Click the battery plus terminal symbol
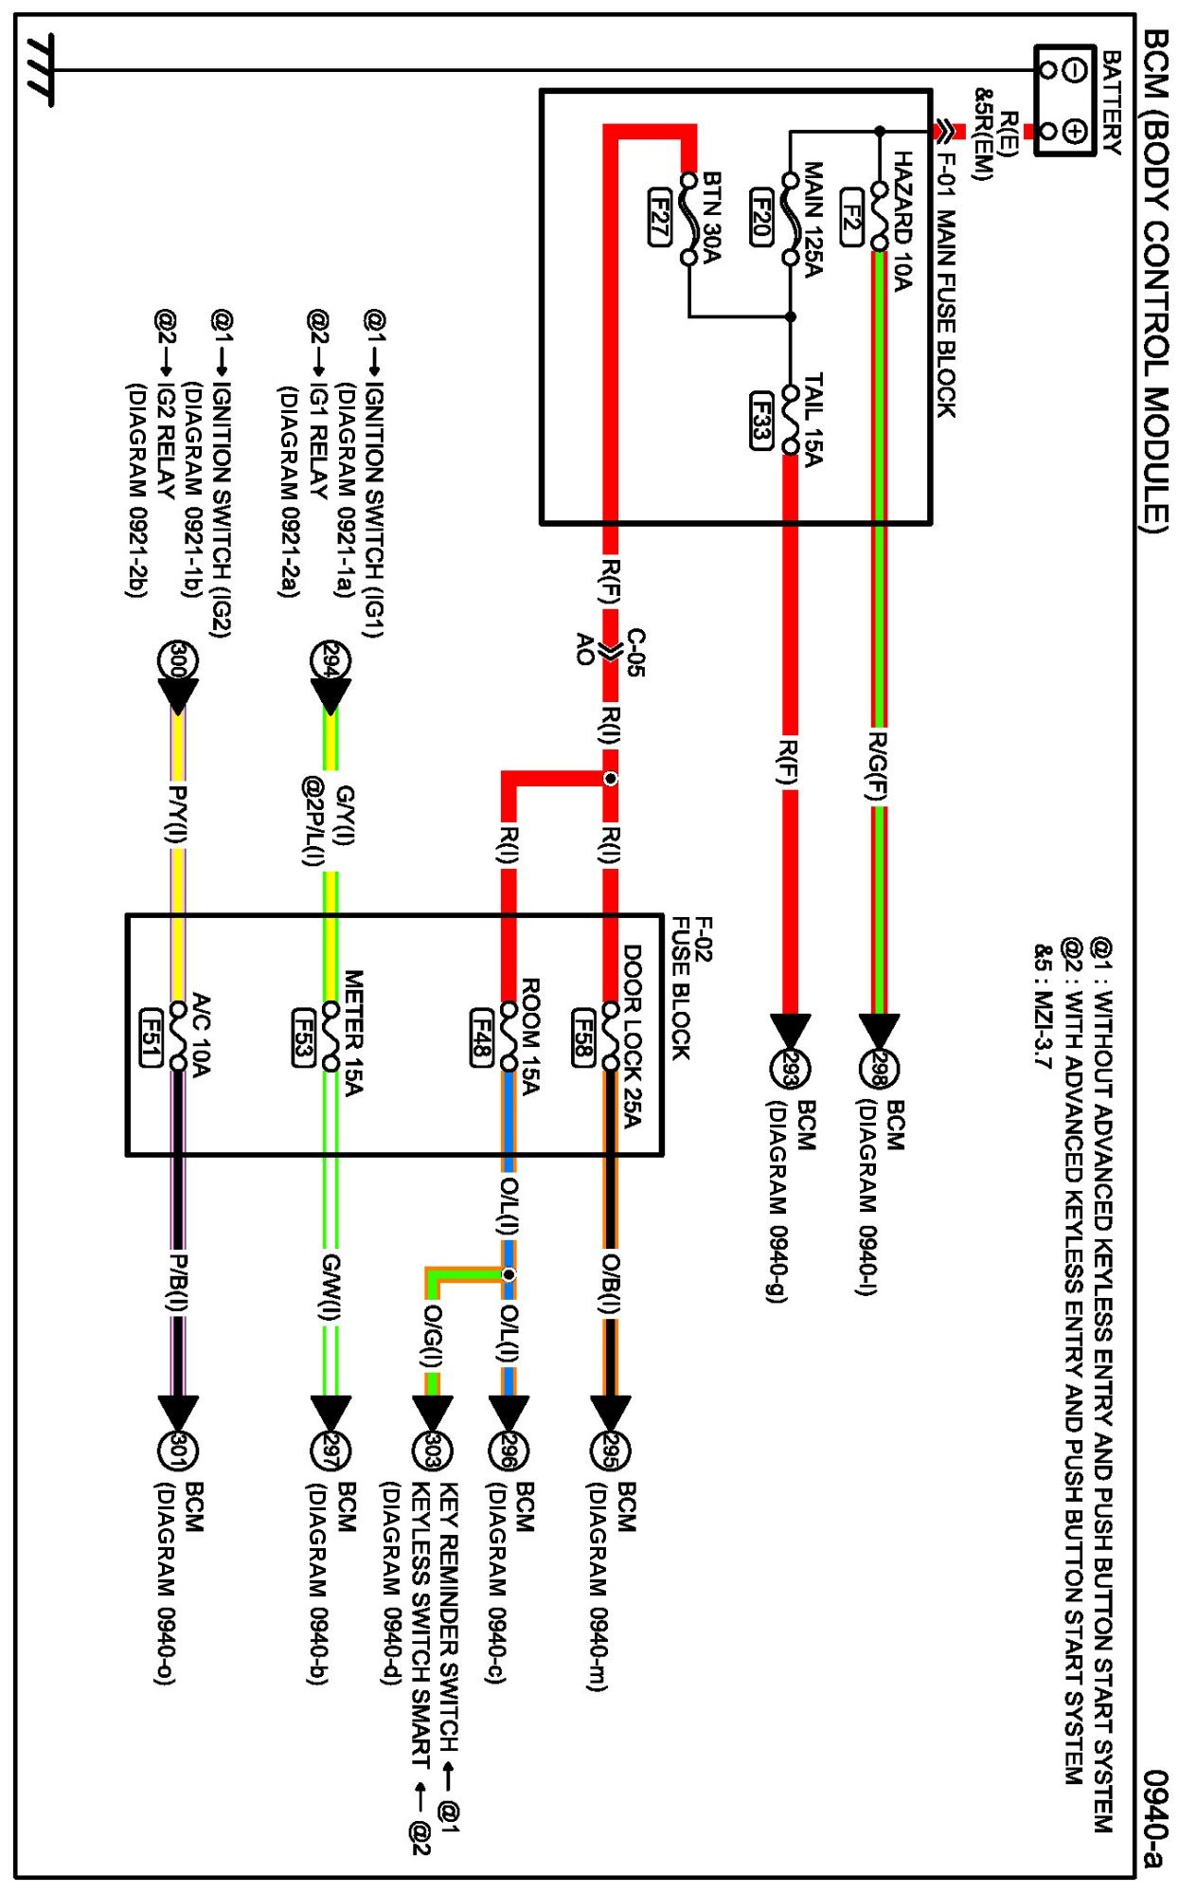[x=1073, y=131]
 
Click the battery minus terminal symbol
[x=1073, y=70]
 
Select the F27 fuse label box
[x=660, y=217]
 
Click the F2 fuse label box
[x=851, y=217]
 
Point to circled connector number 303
[x=432, y=1450]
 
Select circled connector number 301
[x=177, y=1450]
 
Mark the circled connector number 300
[x=177, y=660]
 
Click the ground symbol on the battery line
[x=40, y=70]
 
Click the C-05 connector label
[x=635, y=652]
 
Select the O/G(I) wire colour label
[x=432, y=1336]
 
